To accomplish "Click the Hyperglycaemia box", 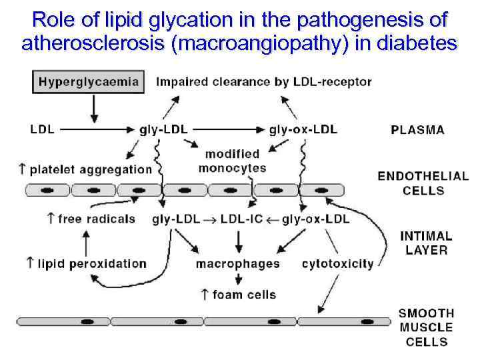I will tap(89, 83).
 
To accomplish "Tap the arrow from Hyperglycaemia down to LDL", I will tap(94, 108).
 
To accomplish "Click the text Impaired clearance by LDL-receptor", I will tap(263, 83).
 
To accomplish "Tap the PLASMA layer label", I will tap(417, 130).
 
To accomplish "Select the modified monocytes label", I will tap(232, 161).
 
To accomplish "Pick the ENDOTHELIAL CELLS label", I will tap(423, 183).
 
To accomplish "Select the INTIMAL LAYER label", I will tap(425, 243).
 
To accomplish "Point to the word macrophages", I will tap(237, 264).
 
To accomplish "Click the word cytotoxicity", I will tap(337, 264).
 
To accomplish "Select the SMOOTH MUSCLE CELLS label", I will tap(425, 327).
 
